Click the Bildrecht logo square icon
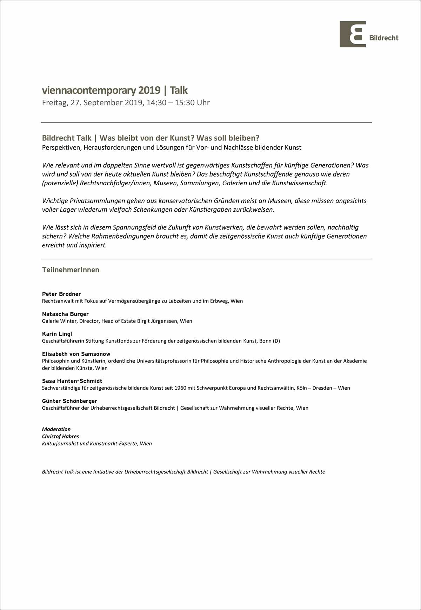(353, 34)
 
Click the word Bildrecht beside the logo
(384, 38)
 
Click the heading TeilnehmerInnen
(71, 270)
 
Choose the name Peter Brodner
(61, 294)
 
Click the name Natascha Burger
(65, 314)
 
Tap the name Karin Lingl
(57, 334)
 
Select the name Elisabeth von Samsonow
(76, 354)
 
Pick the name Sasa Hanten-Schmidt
(72, 381)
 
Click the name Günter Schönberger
(69, 401)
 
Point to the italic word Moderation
(56, 429)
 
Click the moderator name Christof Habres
(60, 436)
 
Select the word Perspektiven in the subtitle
(61, 148)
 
